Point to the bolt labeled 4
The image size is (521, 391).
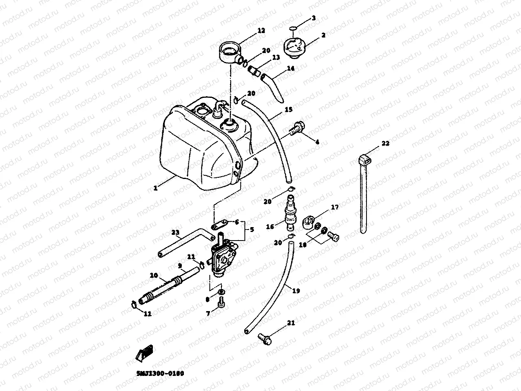point(297,129)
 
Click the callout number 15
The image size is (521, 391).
point(289,109)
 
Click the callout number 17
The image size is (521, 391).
point(335,207)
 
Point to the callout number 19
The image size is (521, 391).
point(296,291)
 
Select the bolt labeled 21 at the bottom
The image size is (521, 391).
point(264,338)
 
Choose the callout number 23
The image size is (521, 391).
point(175,233)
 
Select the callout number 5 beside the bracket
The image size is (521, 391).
point(252,230)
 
